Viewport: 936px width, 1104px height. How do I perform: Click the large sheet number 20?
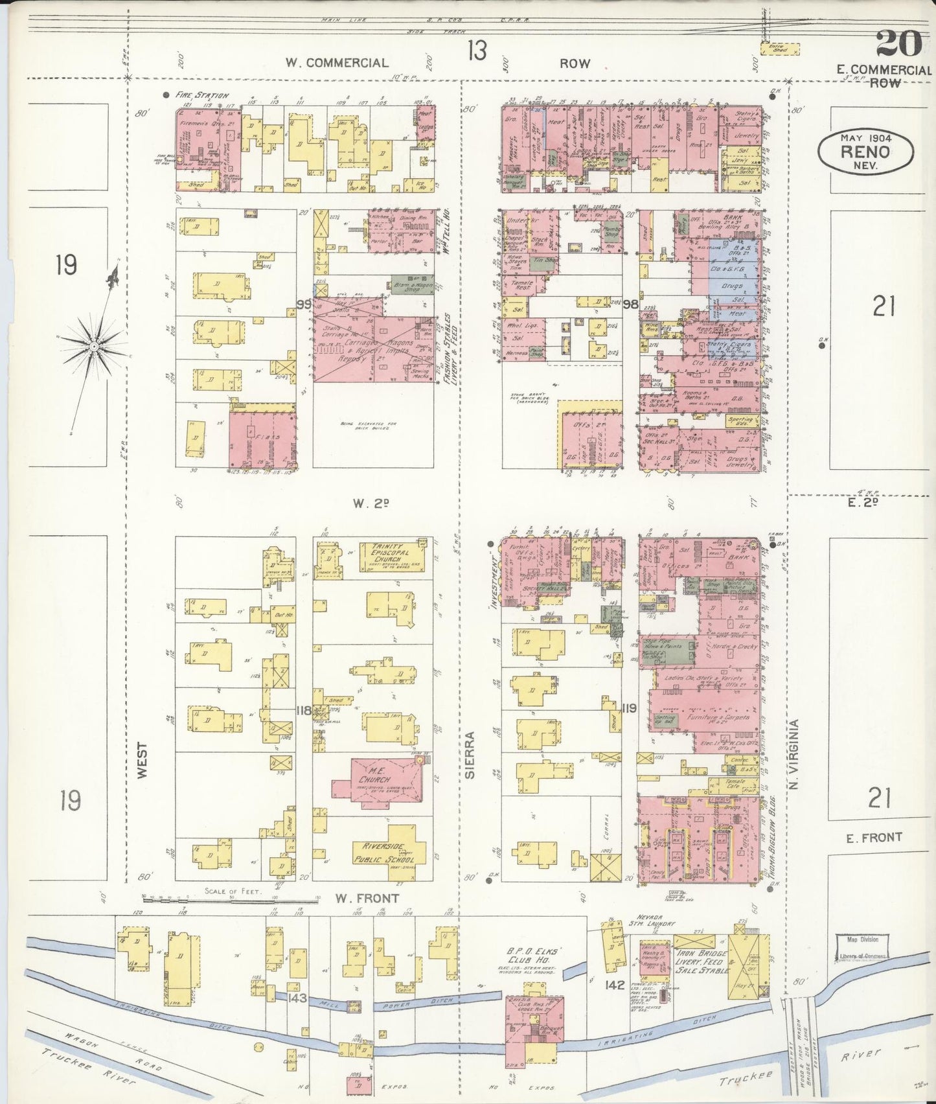898,43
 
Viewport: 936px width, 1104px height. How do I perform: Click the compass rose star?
94,347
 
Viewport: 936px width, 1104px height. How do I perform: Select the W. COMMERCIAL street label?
337,63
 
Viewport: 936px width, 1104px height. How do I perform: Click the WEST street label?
143,760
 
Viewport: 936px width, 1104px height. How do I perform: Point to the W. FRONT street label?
367,898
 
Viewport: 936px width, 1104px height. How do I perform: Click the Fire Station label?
202,95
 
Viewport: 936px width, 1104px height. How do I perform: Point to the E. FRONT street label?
874,837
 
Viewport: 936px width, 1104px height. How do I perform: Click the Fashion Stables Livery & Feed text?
446,351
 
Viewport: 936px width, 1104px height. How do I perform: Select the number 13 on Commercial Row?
477,50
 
